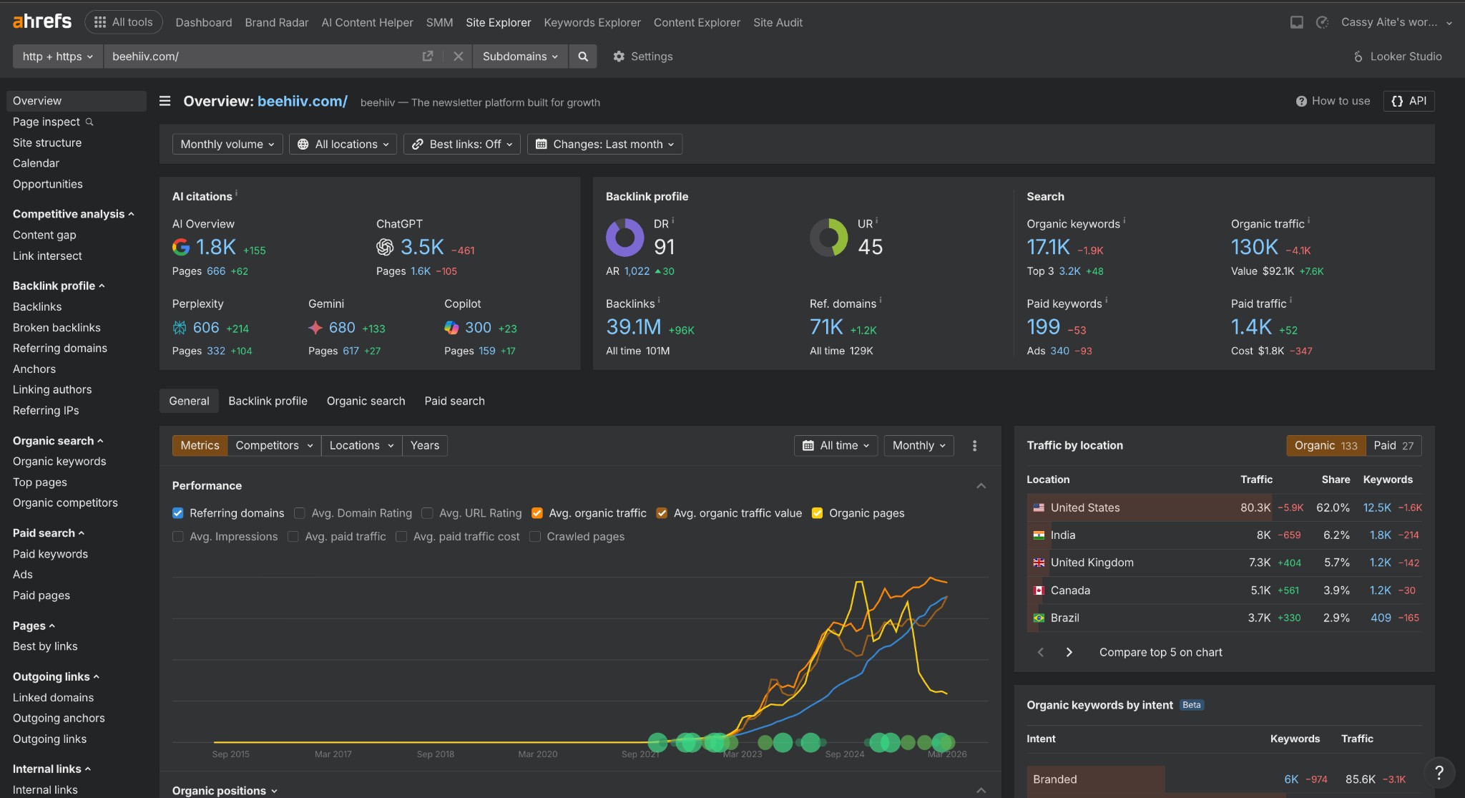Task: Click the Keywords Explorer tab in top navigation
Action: click(592, 22)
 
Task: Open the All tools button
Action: click(123, 22)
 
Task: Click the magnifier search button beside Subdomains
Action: click(583, 57)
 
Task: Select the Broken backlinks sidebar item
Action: click(57, 327)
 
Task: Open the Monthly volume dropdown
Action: click(227, 144)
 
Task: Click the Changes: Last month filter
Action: click(604, 144)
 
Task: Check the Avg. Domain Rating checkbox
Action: click(300, 513)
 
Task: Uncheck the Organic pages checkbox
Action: click(817, 513)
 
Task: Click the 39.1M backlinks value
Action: click(633, 327)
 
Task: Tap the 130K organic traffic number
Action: click(1254, 247)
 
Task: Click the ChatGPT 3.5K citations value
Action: click(422, 247)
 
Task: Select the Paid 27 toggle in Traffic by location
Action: click(1393, 445)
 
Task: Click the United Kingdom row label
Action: click(1092, 563)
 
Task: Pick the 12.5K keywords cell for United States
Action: click(1376, 507)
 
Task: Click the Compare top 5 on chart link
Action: click(1160, 652)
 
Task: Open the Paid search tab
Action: click(454, 401)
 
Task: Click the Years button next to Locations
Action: click(424, 445)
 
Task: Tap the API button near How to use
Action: click(1408, 101)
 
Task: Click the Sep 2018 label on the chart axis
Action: click(435, 754)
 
